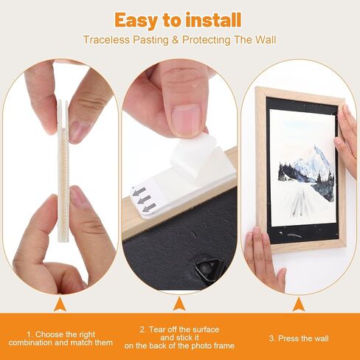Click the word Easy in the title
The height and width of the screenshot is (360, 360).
pyautogui.click(x=136, y=21)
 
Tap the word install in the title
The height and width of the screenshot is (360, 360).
pyautogui.click(x=213, y=20)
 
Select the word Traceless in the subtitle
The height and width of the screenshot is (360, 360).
pyautogui.click(x=106, y=40)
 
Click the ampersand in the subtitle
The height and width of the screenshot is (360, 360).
pyautogui.click(x=176, y=40)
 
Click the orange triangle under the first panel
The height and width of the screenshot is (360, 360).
pyautogui.click(x=60, y=305)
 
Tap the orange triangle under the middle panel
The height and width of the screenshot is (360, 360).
pyautogui.click(x=179, y=304)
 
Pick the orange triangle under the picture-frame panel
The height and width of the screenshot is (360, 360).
pyautogui.click(x=299, y=305)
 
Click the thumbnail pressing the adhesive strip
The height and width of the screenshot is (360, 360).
pyautogui.click(x=186, y=120)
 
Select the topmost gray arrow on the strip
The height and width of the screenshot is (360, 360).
pyautogui.click(x=139, y=191)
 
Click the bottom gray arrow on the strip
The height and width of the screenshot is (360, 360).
pyautogui.click(x=149, y=208)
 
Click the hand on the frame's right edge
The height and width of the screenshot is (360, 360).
pyautogui.click(x=347, y=138)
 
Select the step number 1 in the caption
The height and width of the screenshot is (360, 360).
pyautogui.click(x=30, y=335)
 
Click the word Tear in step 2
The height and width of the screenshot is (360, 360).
pyautogui.click(x=157, y=330)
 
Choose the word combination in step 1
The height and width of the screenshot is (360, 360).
pyautogui.click(x=31, y=343)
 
